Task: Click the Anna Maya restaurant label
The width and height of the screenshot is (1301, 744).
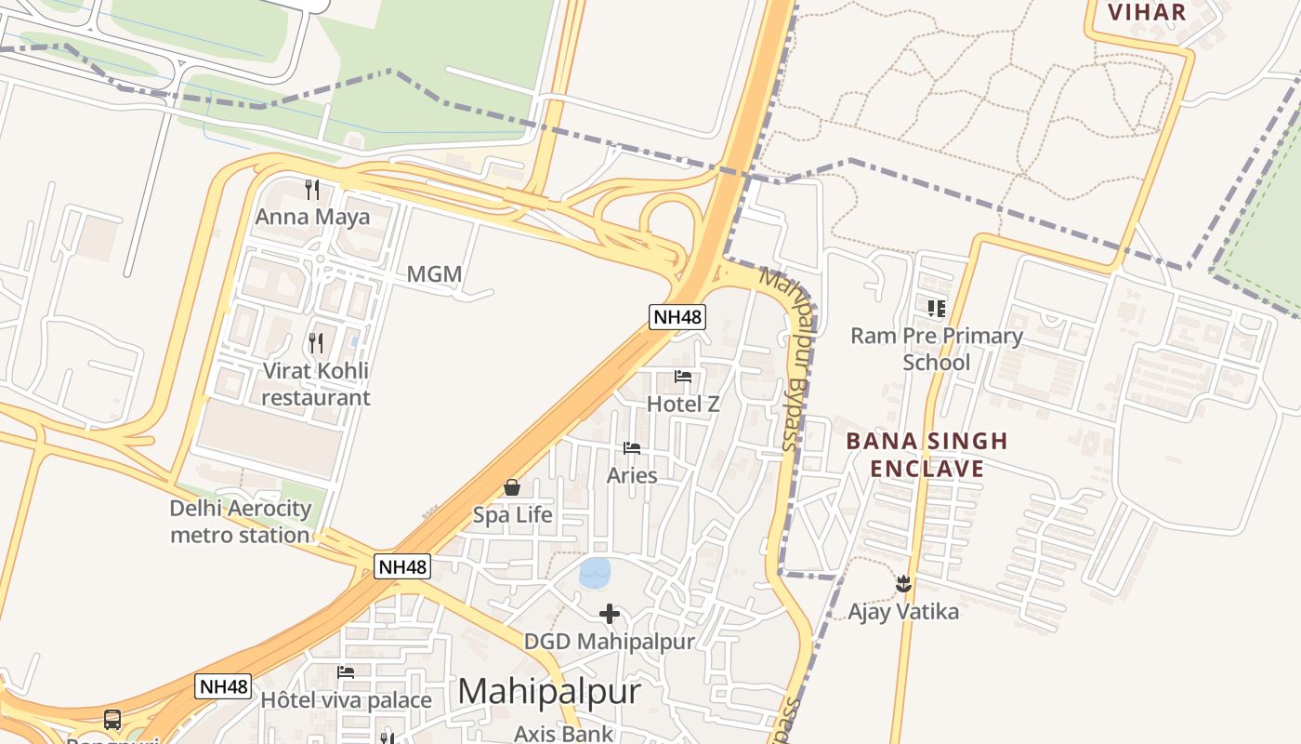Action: [x=312, y=217]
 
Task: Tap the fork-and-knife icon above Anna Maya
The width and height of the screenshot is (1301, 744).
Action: [x=312, y=190]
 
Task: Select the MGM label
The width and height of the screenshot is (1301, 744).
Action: [x=434, y=274]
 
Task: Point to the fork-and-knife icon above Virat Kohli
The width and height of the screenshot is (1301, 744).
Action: [x=316, y=343]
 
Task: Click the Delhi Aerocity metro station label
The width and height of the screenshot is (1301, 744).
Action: [x=240, y=522]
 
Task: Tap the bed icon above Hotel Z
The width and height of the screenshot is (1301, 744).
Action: [x=683, y=377]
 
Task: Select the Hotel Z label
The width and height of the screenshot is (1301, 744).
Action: [x=683, y=404]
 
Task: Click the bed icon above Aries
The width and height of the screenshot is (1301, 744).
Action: [x=632, y=448]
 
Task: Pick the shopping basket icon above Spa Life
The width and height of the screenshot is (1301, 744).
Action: [x=512, y=487]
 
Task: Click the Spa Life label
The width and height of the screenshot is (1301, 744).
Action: [x=512, y=514]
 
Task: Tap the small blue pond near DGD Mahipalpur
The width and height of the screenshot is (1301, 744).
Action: [x=595, y=572]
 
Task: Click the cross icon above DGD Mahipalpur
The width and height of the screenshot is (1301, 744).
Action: [x=609, y=614]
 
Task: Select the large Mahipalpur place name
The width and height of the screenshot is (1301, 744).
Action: [x=549, y=692]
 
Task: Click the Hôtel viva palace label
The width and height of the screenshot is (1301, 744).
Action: [x=346, y=699]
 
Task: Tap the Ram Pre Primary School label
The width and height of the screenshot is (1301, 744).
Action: [x=937, y=349]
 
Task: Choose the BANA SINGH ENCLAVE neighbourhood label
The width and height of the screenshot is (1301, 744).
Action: [x=926, y=454]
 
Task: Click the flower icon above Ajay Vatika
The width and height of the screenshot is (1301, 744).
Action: [x=902, y=585]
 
